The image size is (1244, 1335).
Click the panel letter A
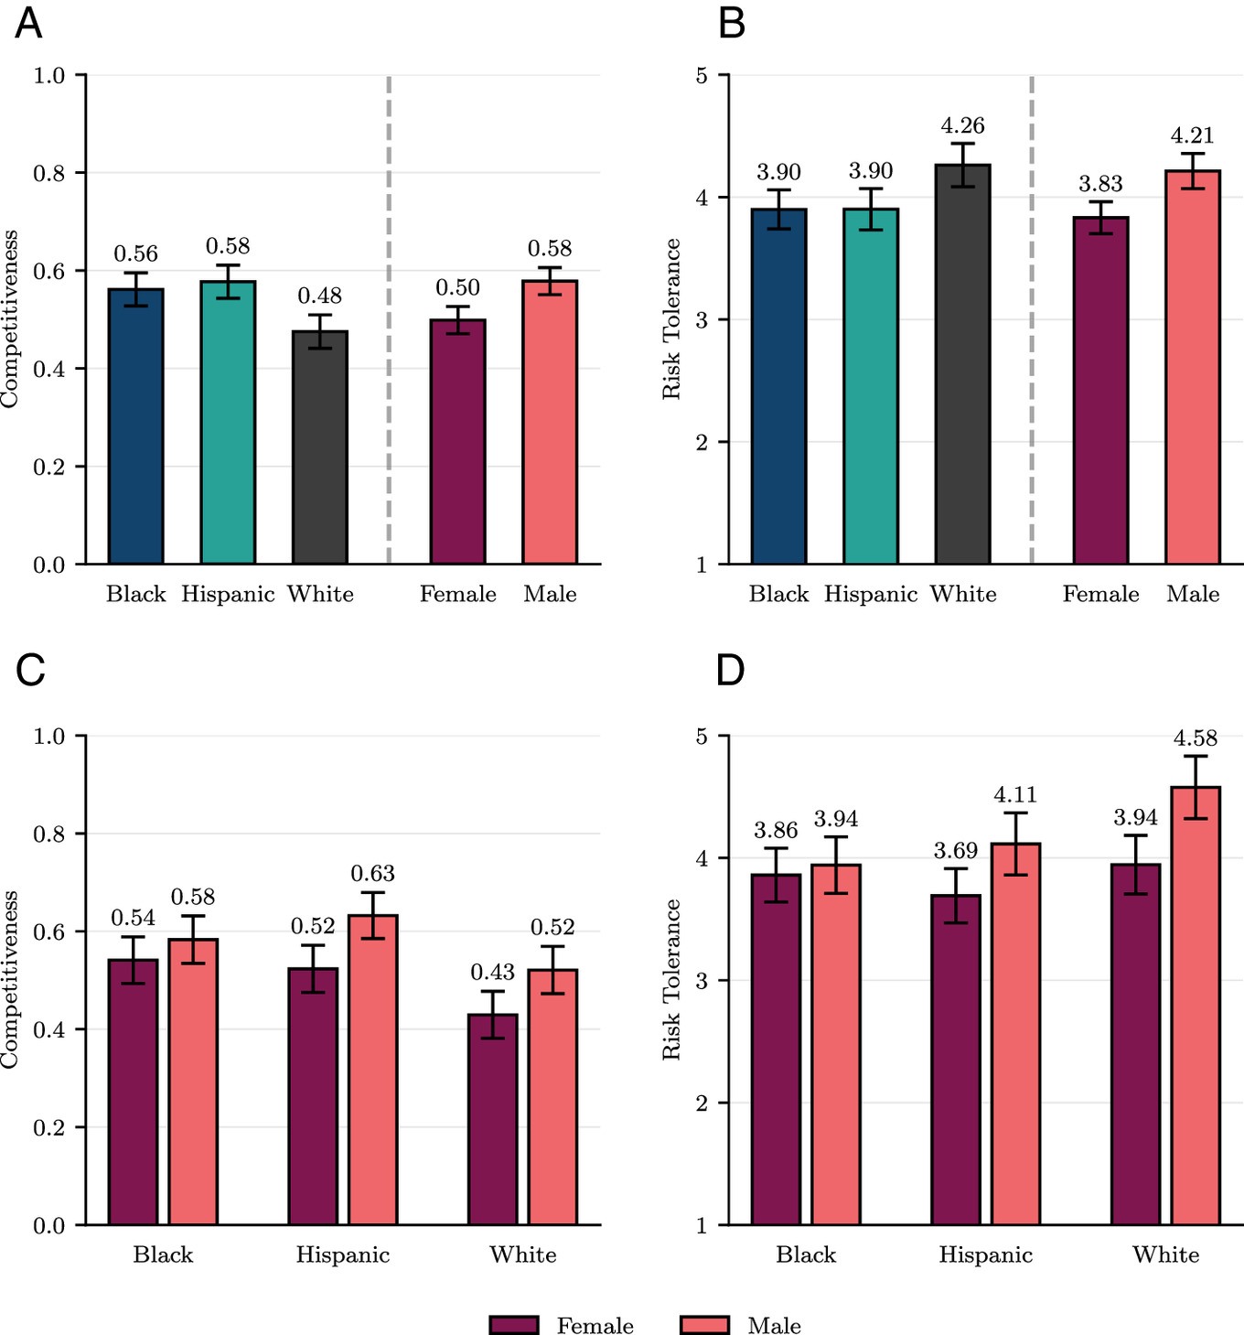tap(28, 23)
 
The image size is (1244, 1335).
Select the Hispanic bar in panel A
tap(228, 422)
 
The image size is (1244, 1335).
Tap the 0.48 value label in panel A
tap(319, 296)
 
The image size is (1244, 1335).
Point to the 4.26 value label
tap(962, 125)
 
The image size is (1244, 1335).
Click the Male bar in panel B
tap(1193, 366)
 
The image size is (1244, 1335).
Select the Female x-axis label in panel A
tap(457, 594)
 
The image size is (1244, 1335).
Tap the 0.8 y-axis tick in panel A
tap(49, 173)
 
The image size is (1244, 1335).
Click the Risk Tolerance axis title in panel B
tap(672, 318)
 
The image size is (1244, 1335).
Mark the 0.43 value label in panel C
tap(492, 972)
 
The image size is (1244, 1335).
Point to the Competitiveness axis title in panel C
tap(10, 979)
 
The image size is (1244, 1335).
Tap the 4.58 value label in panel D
tap(1196, 737)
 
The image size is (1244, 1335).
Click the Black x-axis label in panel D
tap(806, 1254)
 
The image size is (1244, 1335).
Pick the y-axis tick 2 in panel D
tap(702, 1103)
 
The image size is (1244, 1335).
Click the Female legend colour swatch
tap(514, 1325)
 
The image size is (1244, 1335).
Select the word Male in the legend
tap(774, 1326)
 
